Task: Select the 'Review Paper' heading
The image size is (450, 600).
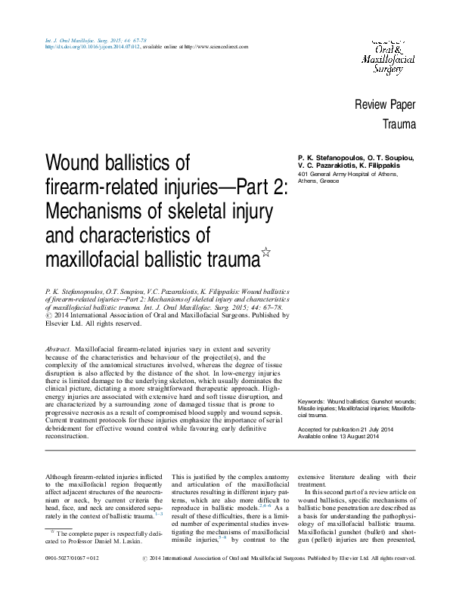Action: pyautogui.click(x=385, y=104)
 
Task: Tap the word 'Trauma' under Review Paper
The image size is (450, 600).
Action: pyautogui.click(x=399, y=123)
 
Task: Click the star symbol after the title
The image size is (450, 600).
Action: pyautogui.click(x=265, y=255)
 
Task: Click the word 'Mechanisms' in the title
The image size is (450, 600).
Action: pyautogui.click(x=87, y=211)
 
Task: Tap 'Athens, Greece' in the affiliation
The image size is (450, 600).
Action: pyautogui.click(x=318, y=182)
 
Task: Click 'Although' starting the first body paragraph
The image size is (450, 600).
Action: pyautogui.click(x=59, y=477)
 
